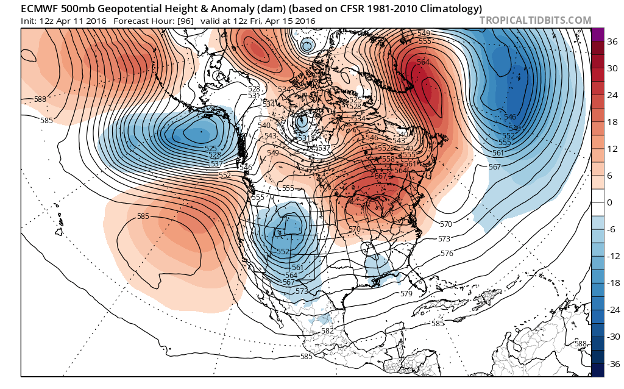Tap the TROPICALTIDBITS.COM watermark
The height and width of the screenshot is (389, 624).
tap(535, 20)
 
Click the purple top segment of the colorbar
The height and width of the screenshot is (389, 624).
tap(597, 35)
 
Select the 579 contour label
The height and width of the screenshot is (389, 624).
tap(406, 293)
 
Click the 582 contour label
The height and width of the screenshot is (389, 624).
tap(327, 330)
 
